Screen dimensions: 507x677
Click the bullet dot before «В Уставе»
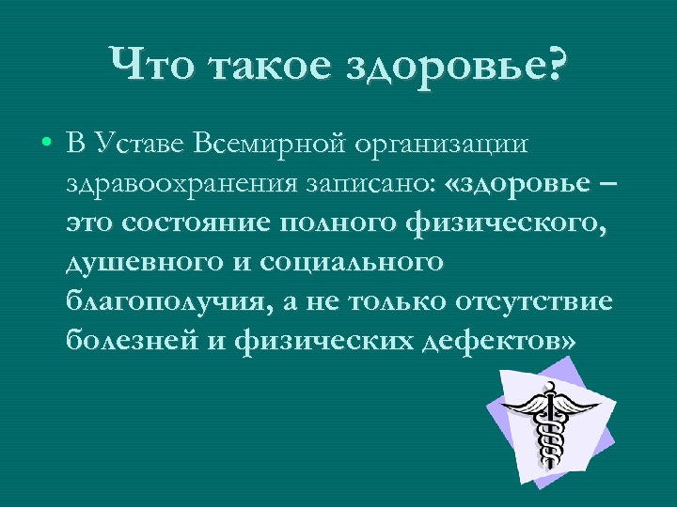45,146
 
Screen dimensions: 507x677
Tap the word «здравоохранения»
181,185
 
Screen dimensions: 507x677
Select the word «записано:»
370,185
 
